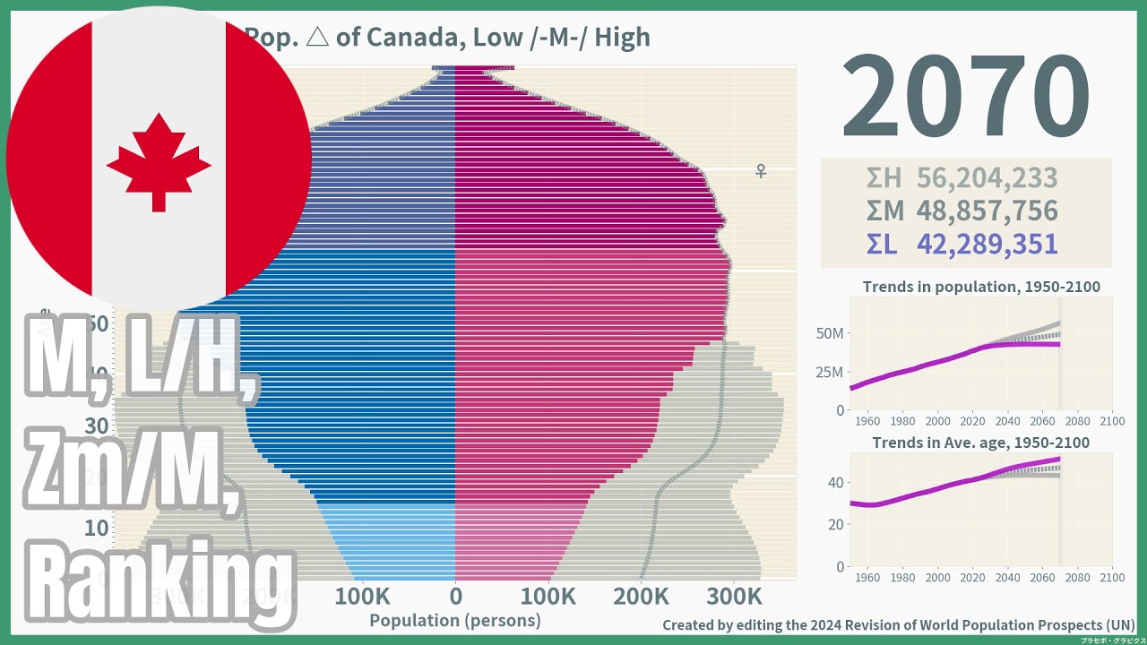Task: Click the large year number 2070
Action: point(966,97)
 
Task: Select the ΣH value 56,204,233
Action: point(987,178)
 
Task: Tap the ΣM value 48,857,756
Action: point(987,211)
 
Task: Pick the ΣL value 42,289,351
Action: point(987,244)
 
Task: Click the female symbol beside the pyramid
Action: point(761,170)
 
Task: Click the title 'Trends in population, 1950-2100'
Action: point(981,288)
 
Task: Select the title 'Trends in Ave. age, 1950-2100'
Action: point(981,443)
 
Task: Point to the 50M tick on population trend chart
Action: point(830,333)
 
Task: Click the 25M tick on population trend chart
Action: point(830,372)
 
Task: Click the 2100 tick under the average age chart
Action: point(1111,577)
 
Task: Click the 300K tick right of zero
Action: point(734,596)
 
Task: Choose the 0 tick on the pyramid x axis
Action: point(455,596)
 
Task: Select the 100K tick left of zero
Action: point(362,596)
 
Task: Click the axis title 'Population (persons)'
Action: point(455,620)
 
